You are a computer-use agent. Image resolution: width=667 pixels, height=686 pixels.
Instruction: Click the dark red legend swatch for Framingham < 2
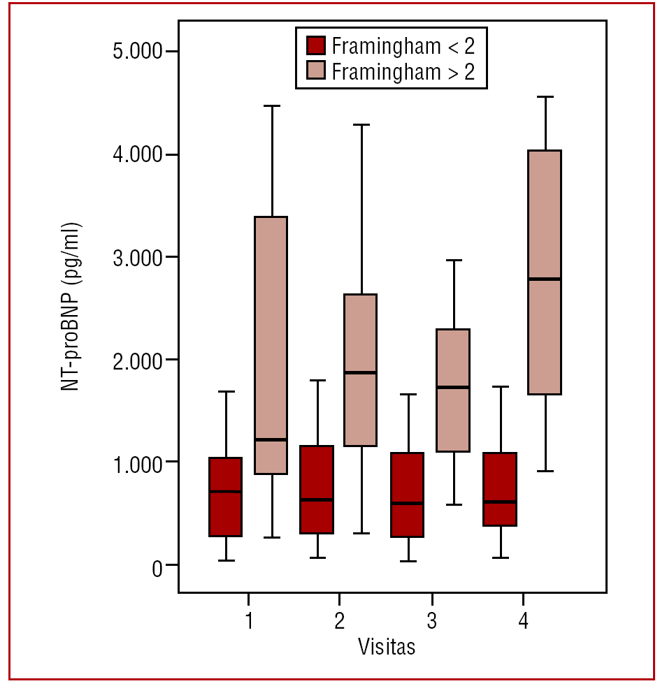point(317,45)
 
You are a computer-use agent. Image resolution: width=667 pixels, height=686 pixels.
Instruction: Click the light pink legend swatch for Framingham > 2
point(317,71)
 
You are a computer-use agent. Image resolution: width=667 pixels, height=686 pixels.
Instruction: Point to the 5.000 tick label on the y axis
point(136,52)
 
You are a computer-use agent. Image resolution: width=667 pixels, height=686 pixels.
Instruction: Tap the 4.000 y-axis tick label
point(136,154)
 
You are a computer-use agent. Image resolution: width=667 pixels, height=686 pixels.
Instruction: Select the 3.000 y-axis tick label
point(136,257)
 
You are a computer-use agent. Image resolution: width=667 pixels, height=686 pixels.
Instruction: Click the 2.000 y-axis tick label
point(136,360)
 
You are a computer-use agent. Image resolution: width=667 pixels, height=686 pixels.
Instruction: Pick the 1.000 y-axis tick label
point(136,462)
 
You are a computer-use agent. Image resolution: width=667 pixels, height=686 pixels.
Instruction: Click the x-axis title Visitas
point(387,646)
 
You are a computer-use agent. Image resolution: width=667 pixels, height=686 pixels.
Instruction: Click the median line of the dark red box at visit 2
point(317,499)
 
